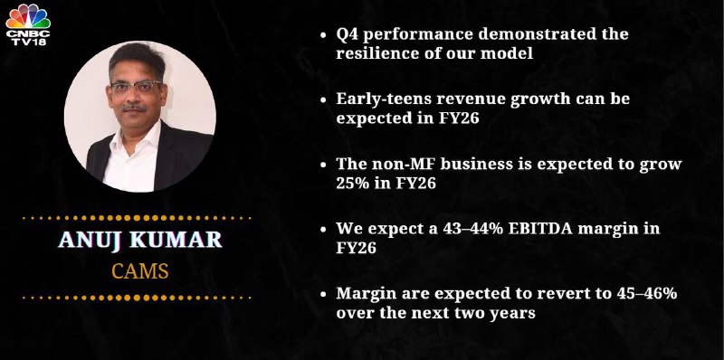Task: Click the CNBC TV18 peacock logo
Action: click(x=28, y=24)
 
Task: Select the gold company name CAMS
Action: click(x=140, y=271)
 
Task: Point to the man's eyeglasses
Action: click(x=136, y=87)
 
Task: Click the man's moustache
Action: click(x=135, y=108)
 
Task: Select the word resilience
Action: click(x=377, y=53)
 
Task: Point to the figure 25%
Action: click(x=353, y=184)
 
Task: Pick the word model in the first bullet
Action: click(x=507, y=53)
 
